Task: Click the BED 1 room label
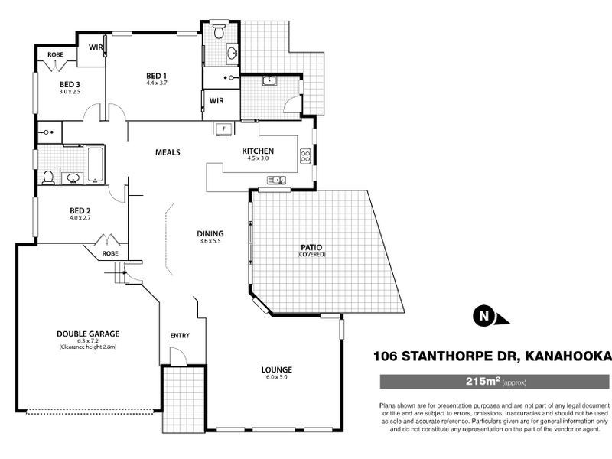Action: (157, 75)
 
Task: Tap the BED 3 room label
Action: (70, 83)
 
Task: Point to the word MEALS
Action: (168, 152)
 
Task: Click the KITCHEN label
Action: (257, 151)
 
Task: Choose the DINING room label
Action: (210, 233)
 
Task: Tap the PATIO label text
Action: (311, 247)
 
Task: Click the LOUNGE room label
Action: (276, 369)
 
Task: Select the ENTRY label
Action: (179, 336)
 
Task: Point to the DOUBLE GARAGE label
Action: (87, 334)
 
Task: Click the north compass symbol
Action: (483, 314)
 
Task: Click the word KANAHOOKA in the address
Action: (568, 356)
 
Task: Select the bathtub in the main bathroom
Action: (96, 164)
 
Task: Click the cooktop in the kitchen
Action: (305, 156)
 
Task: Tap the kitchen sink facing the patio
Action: (273, 181)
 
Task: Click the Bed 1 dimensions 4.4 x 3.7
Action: (157, 83)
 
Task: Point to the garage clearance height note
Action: (87, 347)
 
